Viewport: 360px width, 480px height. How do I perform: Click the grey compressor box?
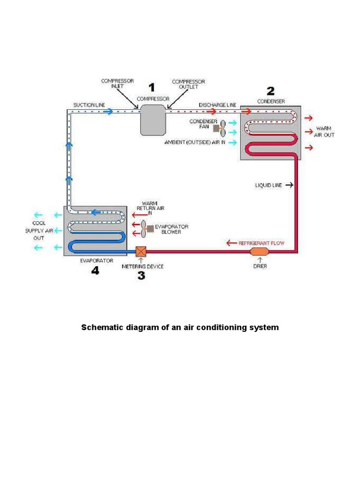click(x=153, y=120)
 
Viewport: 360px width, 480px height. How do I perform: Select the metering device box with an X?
click(x=141, y=252)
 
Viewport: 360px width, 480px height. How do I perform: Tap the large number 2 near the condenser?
click(x=271, y=90)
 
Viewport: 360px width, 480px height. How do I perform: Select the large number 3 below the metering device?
click(x=141, y=276)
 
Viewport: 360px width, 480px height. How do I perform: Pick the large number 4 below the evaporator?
click(x=95, y=270)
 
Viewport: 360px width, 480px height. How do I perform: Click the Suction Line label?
click(x=89, y=105)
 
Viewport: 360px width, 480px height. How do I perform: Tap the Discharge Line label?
click(x=217, y=105)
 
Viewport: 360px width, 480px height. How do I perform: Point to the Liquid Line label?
click(x=269, y=186)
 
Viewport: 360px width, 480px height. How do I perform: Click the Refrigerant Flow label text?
click(x=262, y=243)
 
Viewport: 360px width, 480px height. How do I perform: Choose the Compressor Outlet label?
click(x=188, y=84)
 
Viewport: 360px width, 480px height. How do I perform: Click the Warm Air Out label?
click(x=324, y=132)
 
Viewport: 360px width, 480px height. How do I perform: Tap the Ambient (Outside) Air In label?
click(x=195, y=142)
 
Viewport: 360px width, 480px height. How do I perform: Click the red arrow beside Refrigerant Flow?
click(x=231, y=243)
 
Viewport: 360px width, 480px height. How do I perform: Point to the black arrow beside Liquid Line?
click(x=289, y=186)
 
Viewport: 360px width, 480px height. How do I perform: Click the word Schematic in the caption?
click(x=101, y=327)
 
